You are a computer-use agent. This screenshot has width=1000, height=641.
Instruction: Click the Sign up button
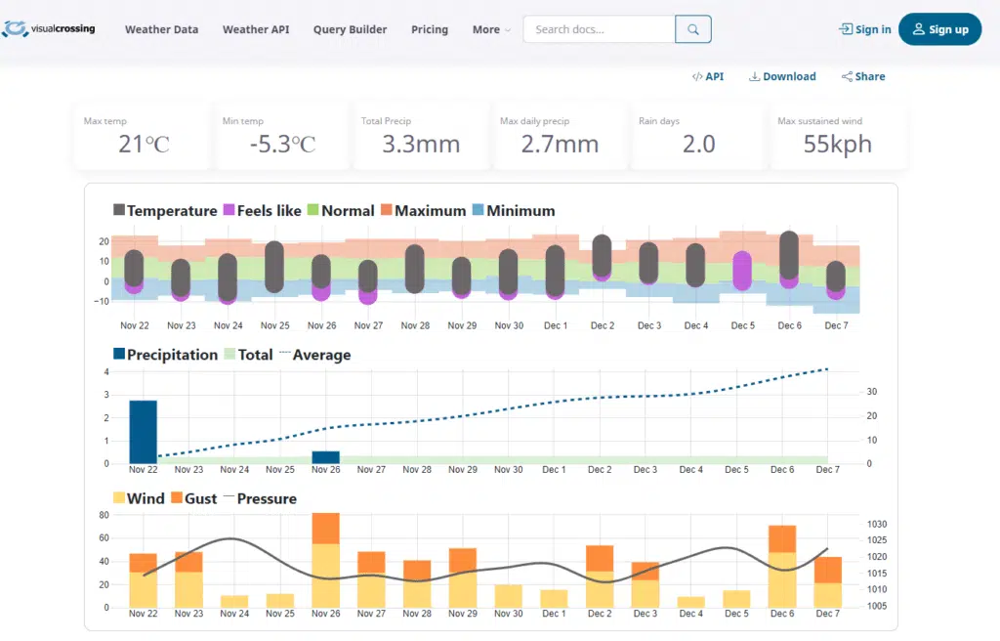coord(939,29)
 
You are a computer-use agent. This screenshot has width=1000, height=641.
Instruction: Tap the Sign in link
coord(865,29)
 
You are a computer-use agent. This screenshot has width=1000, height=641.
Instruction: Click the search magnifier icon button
coord(693,29)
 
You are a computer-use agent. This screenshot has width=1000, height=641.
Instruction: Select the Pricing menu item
coord(430,29)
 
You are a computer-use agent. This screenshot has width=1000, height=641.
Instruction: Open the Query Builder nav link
coord(350,29)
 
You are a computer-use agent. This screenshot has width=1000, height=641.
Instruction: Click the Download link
coord(782,76)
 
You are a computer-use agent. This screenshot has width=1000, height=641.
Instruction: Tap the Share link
coord(863,76)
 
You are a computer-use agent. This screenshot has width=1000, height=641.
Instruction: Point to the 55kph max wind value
coord(838,145)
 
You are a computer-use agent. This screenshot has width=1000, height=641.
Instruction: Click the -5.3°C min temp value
coord(282,145)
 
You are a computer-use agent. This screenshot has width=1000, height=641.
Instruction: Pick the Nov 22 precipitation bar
coord(143,431)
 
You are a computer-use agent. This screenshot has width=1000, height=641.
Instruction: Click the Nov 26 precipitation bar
coord(325,456)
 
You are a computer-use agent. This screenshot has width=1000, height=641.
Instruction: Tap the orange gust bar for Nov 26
coord(325,528)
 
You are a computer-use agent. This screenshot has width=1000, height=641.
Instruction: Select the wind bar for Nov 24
coord(234,601)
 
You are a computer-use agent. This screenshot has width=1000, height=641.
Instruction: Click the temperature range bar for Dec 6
coord(789,254)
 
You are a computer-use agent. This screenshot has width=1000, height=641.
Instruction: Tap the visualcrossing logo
coord(49,29)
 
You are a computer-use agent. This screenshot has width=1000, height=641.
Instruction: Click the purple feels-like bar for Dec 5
coord(742,271)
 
